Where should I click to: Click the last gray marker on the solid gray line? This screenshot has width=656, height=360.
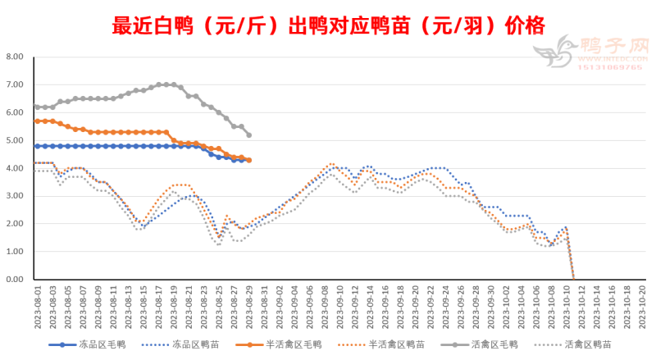248,134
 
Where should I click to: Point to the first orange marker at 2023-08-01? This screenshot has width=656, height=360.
38,121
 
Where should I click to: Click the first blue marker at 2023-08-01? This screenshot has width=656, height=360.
38,146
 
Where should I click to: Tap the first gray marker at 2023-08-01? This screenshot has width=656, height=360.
38,107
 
